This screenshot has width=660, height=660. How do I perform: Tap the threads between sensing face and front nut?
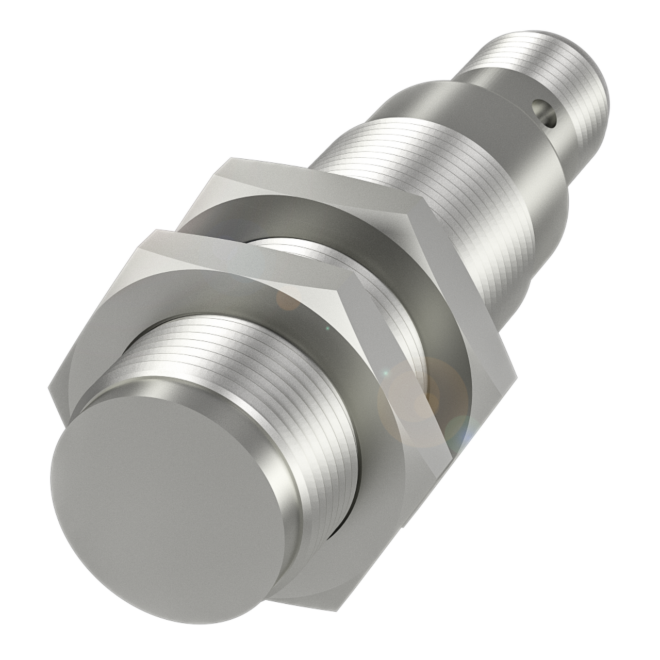232,361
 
